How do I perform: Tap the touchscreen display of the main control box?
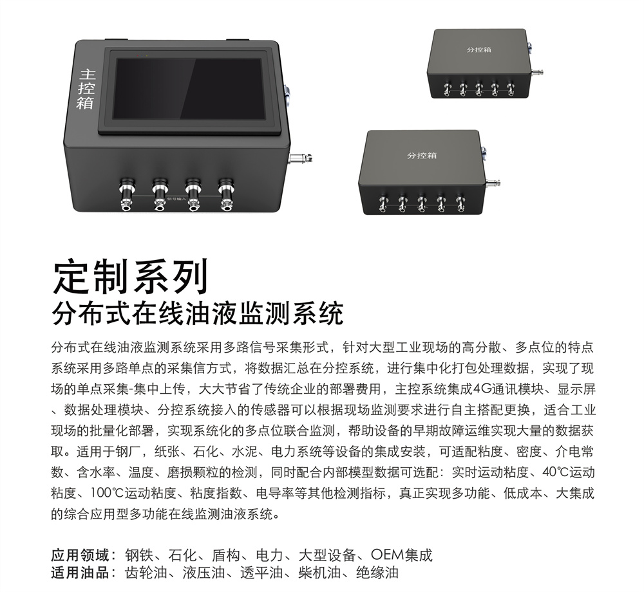[189, 89]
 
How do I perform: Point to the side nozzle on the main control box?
[301, 157]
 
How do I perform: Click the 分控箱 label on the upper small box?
[479, 50]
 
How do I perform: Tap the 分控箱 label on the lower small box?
[422, 156]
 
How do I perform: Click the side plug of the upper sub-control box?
[536, 72]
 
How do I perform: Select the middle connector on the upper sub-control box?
[479, 89]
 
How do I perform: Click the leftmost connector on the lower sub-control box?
[383, 203]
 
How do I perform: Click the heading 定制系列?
[131, 276]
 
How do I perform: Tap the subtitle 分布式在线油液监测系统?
[198, 314]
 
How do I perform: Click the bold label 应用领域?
[80, 555]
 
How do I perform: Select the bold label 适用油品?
[80, 572]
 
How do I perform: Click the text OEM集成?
[402, 555]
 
